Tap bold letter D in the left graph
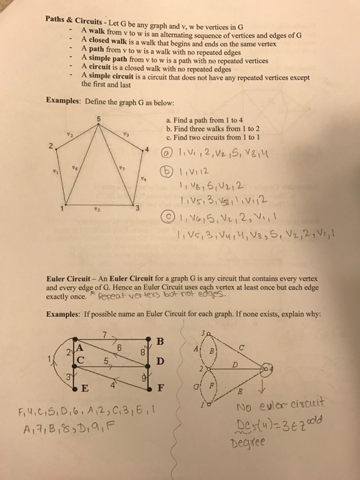coord(160,361)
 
